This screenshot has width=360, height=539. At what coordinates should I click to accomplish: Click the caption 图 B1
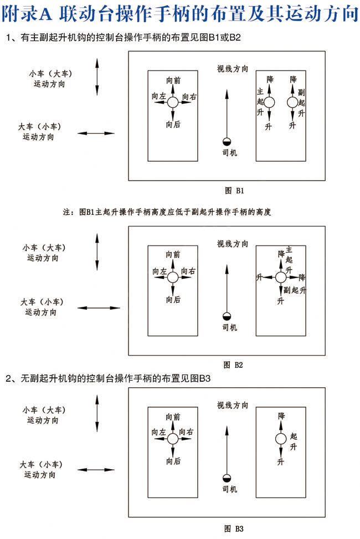(234, 190)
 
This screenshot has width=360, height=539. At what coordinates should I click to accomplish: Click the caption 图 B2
(234, 365)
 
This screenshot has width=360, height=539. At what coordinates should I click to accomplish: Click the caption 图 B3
(234, 528)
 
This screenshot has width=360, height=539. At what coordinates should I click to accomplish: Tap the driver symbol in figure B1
(227, 142)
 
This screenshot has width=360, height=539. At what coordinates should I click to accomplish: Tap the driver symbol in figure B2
(227, 317)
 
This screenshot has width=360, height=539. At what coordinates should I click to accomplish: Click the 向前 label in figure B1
(173, 80)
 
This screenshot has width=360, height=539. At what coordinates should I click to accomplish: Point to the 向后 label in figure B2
(173, 300)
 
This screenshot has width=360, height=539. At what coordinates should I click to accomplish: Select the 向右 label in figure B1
(189, 96)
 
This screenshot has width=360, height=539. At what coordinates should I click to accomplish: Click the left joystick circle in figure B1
(173, 102)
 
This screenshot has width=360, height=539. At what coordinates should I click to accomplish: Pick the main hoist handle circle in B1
(269, 102)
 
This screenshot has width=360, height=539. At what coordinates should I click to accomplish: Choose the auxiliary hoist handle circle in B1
(292, 102)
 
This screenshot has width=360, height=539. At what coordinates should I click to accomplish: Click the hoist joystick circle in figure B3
(281, 439)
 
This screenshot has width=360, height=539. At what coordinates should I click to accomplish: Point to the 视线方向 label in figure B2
(233, 244)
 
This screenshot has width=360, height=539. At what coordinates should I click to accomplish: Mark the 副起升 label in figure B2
(294, 290)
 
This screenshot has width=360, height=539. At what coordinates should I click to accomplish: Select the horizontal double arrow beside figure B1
(96, 133)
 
